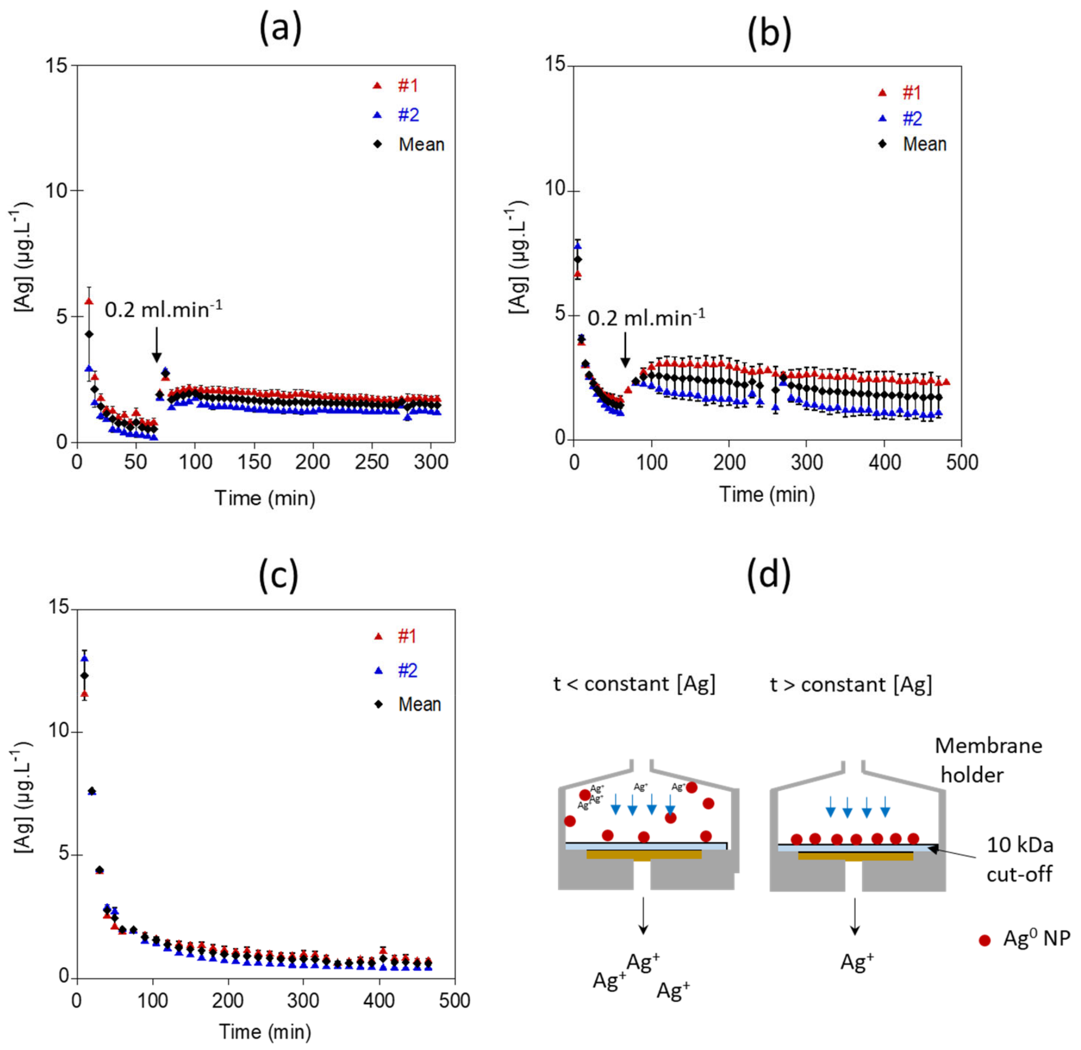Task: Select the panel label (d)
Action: pyautogui.click(x=768, y=574)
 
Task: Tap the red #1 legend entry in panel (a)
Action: pyautogui.click(x=397, y=86)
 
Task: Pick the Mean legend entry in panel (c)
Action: pyautogui.click(x=409, y=704)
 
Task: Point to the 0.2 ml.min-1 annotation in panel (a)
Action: pyautogui.click(x=163, y=310)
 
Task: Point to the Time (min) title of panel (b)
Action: pyautogui.click(x=767, y=494)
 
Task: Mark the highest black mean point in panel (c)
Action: pyautogui.click(x=85, y=675)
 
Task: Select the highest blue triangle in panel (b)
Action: pyautogui.click(x=578, y=246)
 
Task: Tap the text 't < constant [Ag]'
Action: pyautogui.click(x=634, y=684)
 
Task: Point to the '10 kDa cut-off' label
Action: pyautogui.click(x=1019, y=859)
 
